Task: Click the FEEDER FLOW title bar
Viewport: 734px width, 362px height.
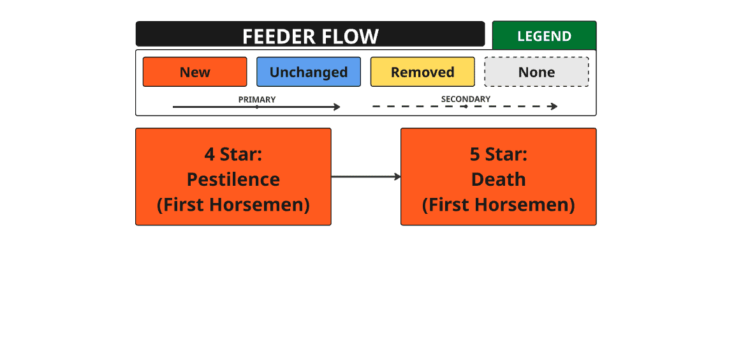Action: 310,34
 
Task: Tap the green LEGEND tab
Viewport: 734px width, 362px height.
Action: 545,36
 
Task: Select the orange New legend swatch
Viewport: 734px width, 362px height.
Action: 195,72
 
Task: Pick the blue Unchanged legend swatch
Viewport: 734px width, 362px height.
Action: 309,72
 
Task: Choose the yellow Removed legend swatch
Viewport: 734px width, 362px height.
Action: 423,72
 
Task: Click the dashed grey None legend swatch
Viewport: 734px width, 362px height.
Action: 536,72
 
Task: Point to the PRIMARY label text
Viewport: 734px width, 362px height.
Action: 257,100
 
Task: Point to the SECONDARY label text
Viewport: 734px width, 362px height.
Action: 466,99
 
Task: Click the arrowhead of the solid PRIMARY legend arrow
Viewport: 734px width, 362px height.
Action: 337,107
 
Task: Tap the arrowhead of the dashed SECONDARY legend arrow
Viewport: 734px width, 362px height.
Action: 555,107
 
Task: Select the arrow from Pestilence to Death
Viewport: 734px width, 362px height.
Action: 366,177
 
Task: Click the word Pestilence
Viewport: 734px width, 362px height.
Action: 233,179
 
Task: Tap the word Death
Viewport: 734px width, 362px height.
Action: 499,179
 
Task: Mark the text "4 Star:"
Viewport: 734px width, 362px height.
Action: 233,154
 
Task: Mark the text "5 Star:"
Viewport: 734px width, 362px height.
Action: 499,154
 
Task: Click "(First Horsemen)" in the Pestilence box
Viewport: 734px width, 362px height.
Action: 233,205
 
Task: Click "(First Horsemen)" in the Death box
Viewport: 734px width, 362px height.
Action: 499,205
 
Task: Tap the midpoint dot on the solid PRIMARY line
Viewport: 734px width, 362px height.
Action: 257,107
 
